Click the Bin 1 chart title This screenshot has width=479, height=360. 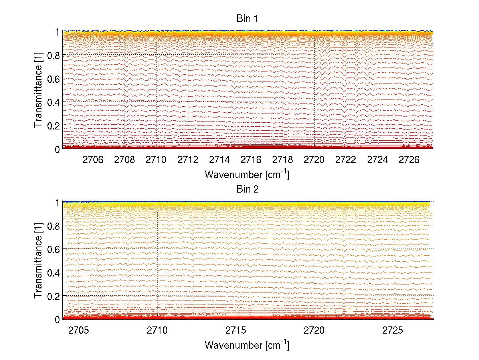pos(247,18)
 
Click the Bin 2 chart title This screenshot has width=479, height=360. pos(247,189)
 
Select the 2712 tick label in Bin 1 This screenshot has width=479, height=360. pos(188,160)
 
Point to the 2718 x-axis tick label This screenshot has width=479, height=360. pos(283,160)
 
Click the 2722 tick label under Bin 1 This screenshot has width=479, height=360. pos(346,160)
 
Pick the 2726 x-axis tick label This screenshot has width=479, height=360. pos(409,160)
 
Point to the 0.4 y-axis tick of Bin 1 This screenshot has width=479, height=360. pos(54,102)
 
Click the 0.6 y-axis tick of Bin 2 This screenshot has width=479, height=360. pos(54,249)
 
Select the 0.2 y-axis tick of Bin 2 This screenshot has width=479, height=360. pos(54,296)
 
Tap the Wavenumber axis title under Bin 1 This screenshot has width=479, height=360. pos(247,174)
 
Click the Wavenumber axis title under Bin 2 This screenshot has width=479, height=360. pos(247,345)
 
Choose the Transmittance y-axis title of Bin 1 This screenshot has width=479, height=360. pos(38,90)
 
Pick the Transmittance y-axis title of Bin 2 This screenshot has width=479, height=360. pos(38,261)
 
